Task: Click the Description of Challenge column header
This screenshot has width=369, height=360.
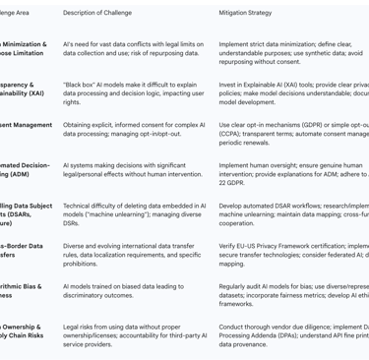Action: tap(103, 13)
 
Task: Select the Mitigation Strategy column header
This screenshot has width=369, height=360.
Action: tap(245, 13)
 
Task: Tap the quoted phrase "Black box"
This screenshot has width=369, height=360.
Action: tap(82, 85)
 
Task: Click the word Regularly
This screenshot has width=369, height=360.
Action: tap(236, 286)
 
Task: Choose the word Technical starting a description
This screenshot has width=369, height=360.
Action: tap(81, 206)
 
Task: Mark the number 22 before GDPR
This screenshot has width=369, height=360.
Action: tap(223, 183)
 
